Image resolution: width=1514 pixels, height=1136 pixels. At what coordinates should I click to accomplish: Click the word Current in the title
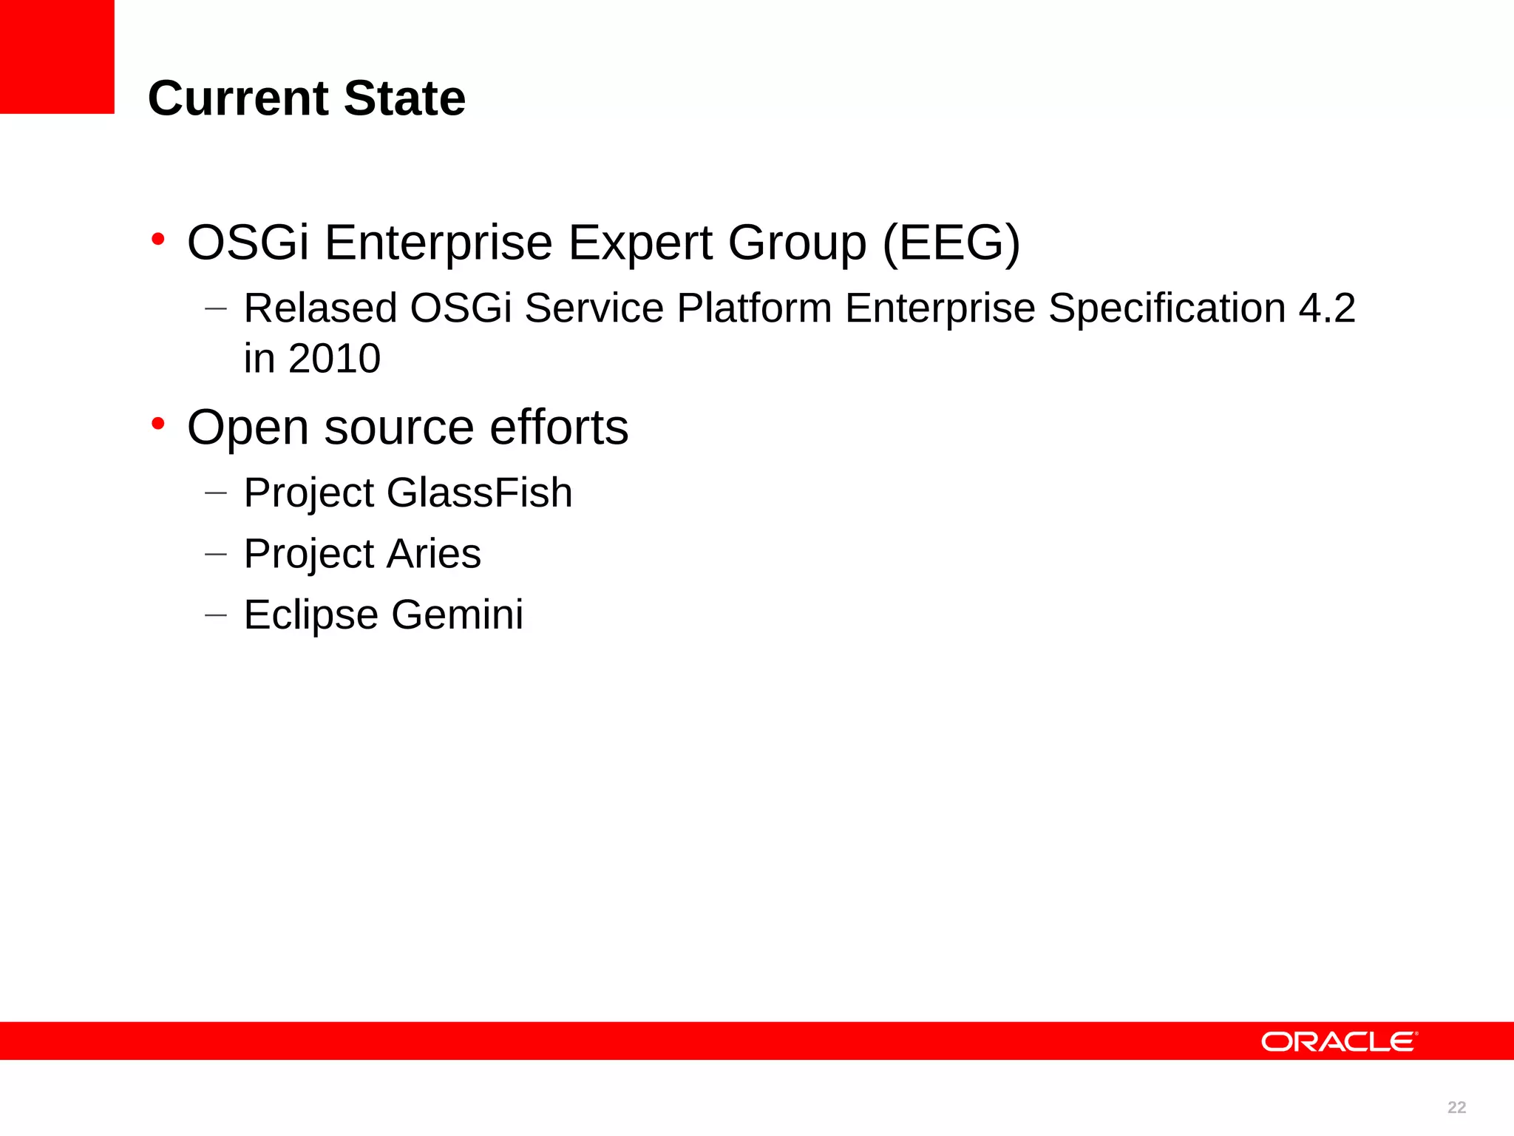click(238, 98)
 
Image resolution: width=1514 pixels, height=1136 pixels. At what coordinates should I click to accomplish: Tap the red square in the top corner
click(57, 56)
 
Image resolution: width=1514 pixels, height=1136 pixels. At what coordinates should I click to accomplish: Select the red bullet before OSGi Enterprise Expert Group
click(157, 239)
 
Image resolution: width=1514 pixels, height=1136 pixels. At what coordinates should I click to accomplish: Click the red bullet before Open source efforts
click(157, 424)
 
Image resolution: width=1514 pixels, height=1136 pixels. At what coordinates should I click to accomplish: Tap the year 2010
click(334, 359)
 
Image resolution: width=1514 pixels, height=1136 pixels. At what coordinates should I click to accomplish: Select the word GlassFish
click(479, 493)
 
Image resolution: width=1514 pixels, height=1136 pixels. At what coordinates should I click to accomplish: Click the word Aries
click(433, 553)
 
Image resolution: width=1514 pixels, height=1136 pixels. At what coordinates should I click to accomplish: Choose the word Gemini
click(457, 615)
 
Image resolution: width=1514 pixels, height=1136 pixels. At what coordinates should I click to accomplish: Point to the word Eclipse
click(310, 615)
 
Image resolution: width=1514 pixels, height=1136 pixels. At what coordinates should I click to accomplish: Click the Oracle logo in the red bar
click(1339, 1041)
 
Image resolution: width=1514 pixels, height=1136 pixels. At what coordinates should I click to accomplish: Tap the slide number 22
click(1456, 1107)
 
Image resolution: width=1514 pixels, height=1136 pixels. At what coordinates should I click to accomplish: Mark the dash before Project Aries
click(215, 554)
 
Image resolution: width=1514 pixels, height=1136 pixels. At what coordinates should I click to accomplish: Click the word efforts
click(559, 427)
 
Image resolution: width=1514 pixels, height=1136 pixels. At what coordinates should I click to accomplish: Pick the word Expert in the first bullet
click(639, 243)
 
